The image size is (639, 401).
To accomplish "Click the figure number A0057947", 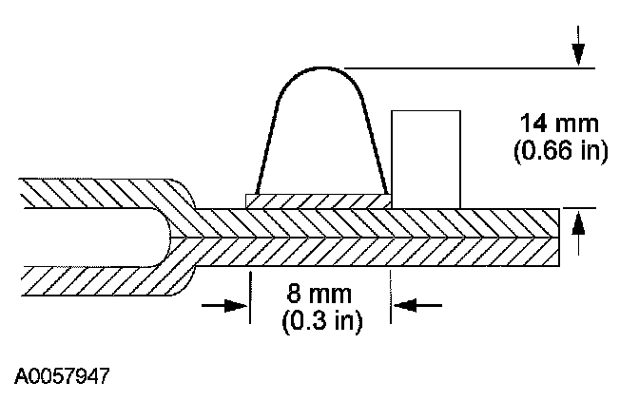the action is pyautogui.click(x=63, y=376).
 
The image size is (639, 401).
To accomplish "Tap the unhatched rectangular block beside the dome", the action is pyautogui.click(x=426, y=158).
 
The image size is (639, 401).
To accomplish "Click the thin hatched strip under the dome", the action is pyautogui.click(x=318, y=200).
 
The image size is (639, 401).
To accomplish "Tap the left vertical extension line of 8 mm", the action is pyautogui.click(x=250, y=295).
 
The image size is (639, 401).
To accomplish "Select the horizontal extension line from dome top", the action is pyautogui.click(x=466, y=67).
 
